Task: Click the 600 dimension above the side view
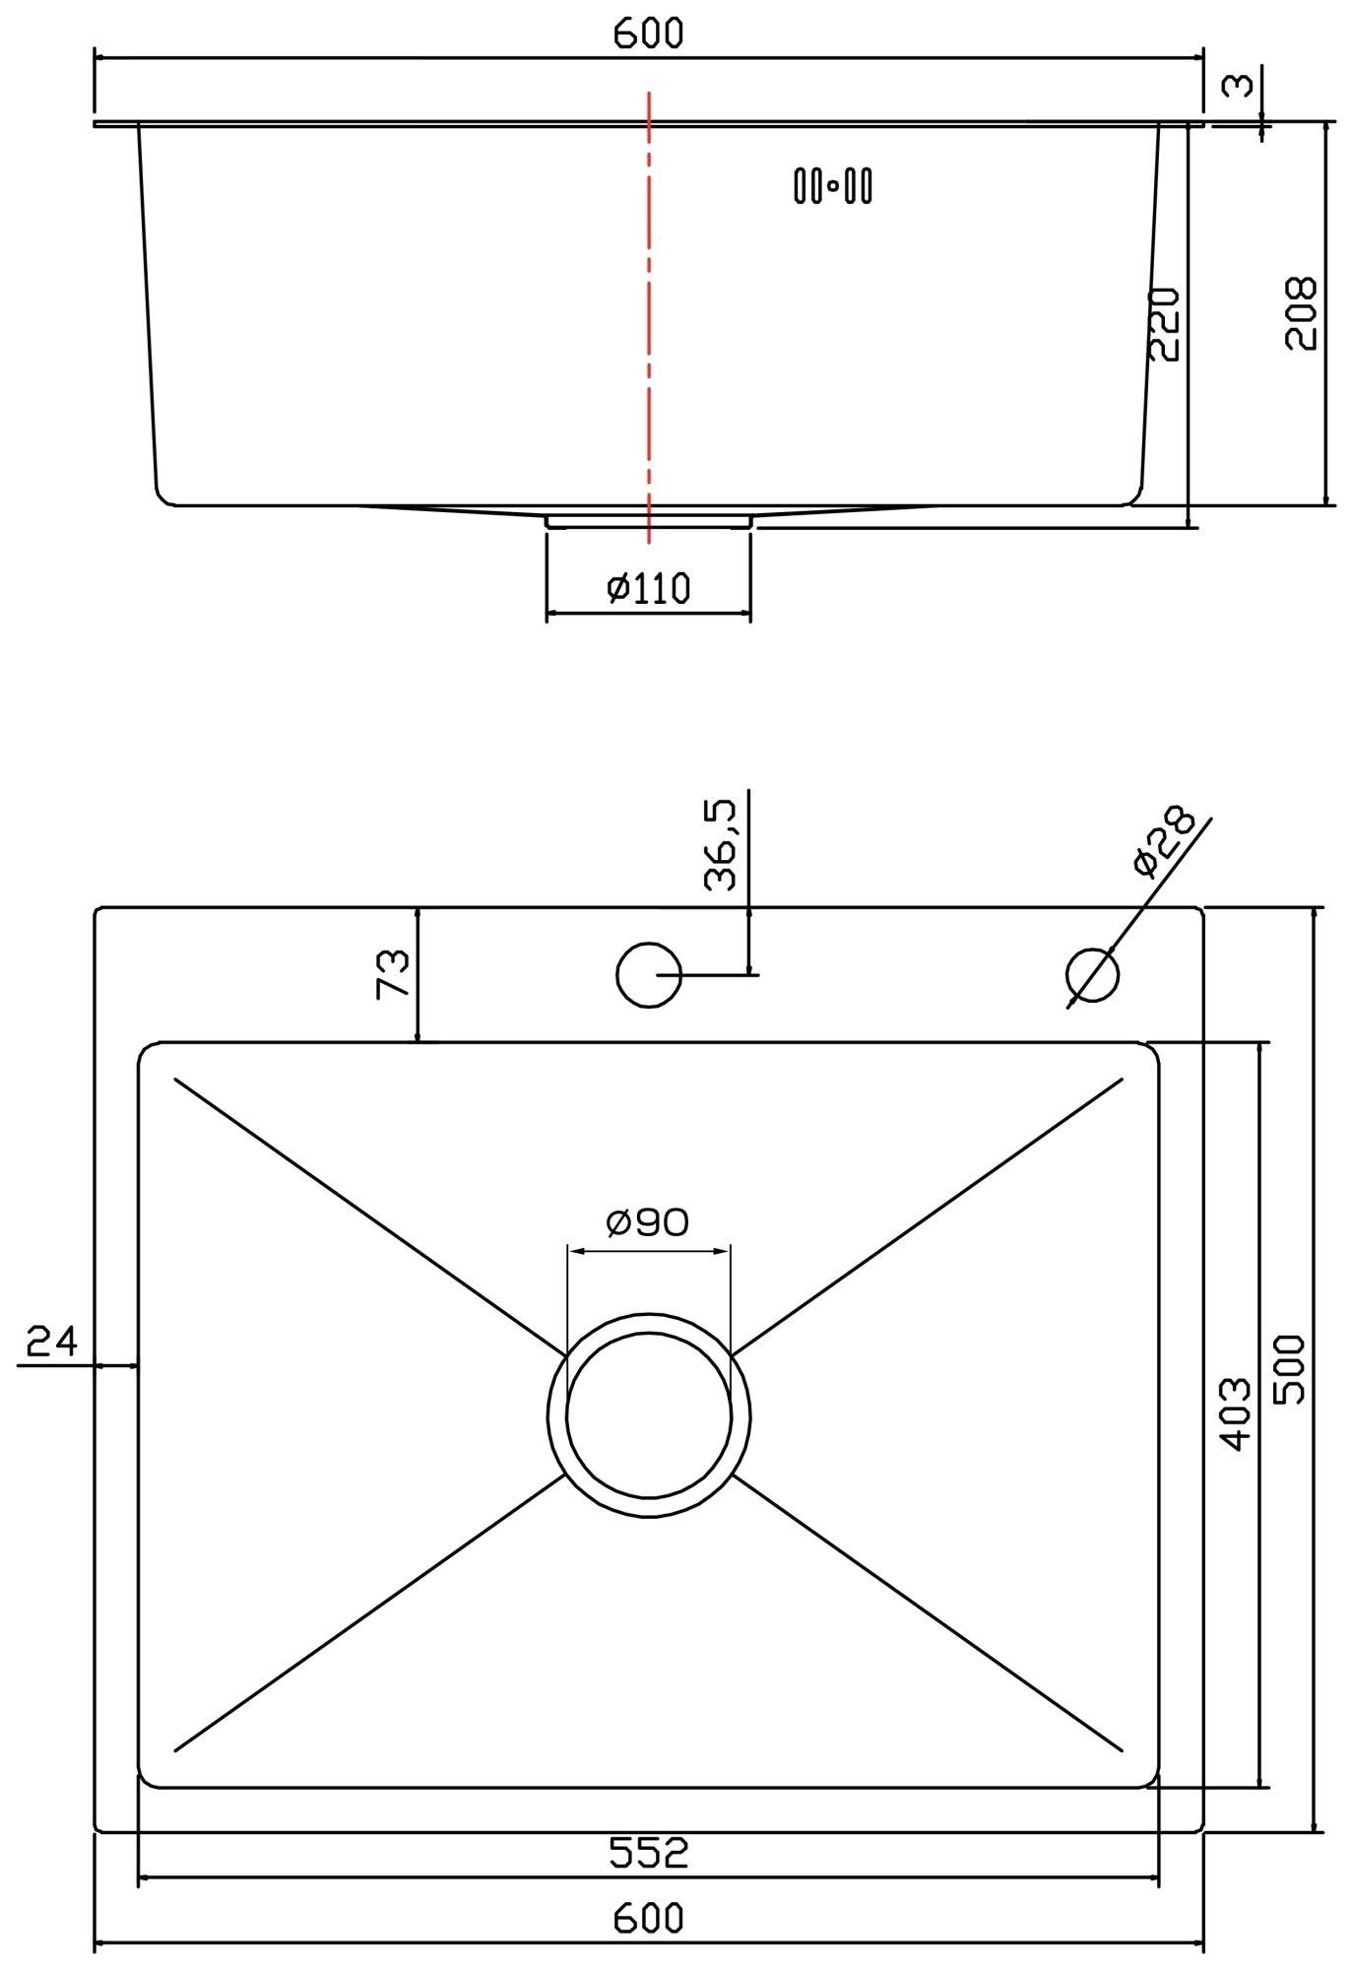point(648,33)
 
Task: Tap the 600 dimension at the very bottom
point(648,1918)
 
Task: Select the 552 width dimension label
point(648,1853)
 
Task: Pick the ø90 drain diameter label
point(648,1222)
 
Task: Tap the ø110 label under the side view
point(648,588)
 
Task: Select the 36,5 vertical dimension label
point(721,845)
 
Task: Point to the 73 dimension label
point(393,974)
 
